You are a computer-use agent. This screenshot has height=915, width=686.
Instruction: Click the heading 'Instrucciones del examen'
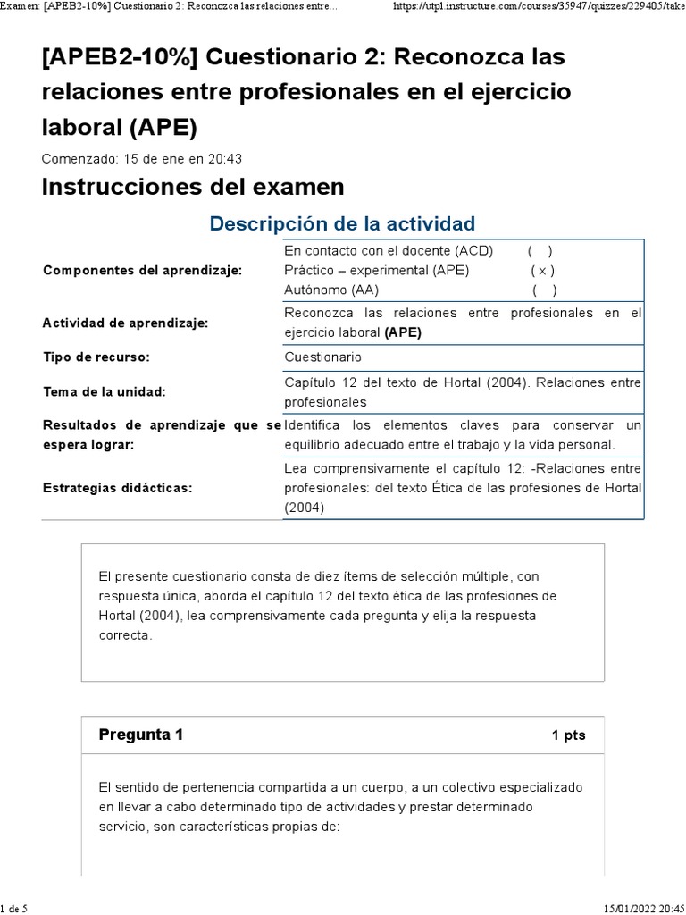click(193, 187)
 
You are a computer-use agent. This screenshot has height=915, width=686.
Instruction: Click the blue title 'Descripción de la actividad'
click(342, 223)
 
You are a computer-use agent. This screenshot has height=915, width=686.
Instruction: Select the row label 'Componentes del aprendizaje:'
click(142, 271)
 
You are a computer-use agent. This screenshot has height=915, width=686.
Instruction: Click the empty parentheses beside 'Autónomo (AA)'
click(544, 290)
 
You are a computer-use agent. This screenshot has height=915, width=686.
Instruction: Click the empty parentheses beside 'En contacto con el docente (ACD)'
click(540, 251)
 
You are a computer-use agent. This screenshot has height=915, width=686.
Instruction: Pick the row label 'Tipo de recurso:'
click(96, 357)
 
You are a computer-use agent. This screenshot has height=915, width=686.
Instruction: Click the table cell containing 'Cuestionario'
click(322, 357)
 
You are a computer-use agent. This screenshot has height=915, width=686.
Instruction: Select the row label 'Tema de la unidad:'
click(105, 391)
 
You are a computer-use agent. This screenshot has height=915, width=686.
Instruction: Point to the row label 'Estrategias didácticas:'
click(118, 488)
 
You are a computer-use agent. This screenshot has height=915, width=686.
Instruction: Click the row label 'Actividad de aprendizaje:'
click(125, 323)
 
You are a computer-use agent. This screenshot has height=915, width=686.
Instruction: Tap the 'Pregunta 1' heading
click(140, 735)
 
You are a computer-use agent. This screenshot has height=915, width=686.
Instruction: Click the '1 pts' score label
click(568, 735)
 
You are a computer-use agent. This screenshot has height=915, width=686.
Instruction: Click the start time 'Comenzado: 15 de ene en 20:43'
click(142, 159)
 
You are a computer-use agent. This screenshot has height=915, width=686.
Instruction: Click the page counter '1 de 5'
click(13, 908)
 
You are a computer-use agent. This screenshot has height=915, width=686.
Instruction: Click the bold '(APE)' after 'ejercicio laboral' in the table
click(403, 332)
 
